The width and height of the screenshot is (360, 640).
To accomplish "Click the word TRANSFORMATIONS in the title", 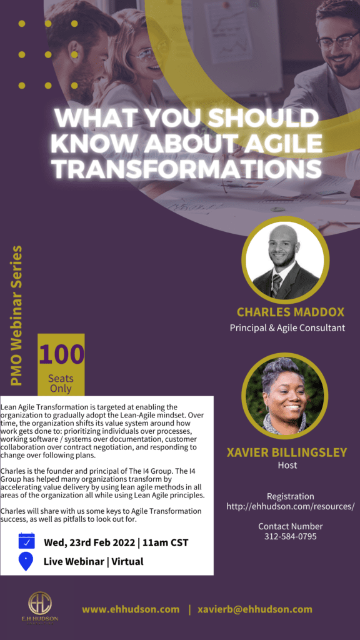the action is (188, 169).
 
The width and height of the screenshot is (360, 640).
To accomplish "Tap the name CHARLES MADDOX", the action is (291, 312).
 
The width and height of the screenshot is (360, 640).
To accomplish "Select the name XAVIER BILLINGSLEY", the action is (287, 452).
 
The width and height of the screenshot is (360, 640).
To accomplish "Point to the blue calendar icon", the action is (26, 541).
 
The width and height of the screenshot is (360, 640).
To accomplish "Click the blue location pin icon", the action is (26, 561).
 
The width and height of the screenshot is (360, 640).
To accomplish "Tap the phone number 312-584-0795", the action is (290, 536).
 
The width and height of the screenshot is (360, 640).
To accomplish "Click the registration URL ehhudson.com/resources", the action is (291, 506).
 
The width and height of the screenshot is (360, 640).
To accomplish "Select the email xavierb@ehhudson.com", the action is (255, 609).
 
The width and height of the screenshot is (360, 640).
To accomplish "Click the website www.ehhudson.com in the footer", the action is (131, 609).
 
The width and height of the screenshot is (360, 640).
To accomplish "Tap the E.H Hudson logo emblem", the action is (40, 604).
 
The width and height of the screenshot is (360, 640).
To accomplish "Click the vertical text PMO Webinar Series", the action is (16, 316).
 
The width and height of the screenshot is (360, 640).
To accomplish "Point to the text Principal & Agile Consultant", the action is (287, 327).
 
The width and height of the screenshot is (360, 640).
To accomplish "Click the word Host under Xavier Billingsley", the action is (287, 465).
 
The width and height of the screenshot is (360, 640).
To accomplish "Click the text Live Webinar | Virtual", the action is (94, 561).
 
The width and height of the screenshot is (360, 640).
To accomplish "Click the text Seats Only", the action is (61, 383).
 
